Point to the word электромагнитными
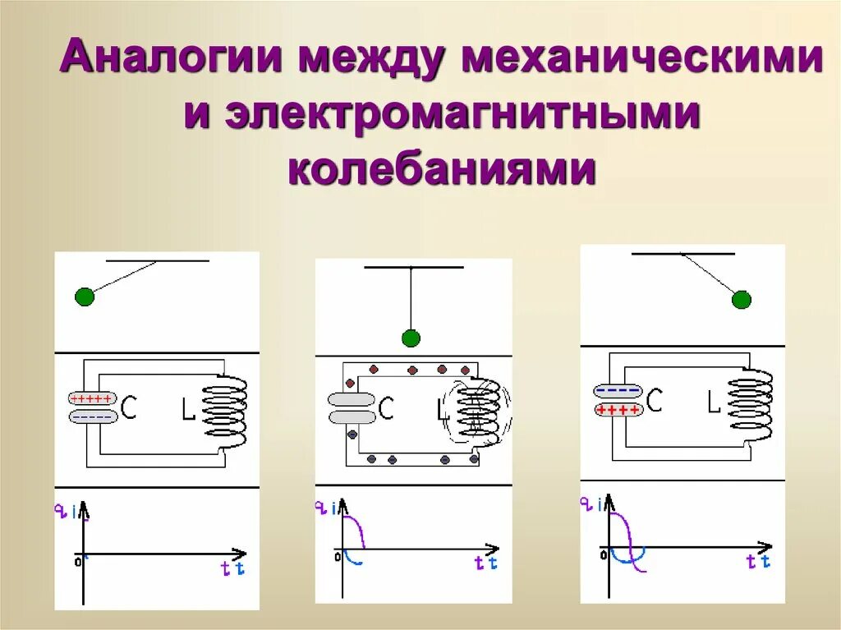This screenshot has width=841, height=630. pyautogui.click(x=442, y=115)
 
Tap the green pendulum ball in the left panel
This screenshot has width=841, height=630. pyautogui.click(x=85, y=297)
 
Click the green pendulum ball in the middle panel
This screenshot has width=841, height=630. pyautogui.click(x=411, y=338)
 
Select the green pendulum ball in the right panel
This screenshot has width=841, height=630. pyautogui.click(x=742, y=300)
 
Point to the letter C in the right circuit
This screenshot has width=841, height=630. pyautogui.click(x=655, y=400)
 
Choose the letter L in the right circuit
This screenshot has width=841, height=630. pyautogui.click(x=715, y=402)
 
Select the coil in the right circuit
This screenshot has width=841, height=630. pyautogui.click(x=751, y=403)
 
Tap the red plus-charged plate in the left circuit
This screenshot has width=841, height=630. pyautogui.click(x=91, y=399)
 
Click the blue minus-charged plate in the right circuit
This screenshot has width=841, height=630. pyautogui.click(x=617, y=391)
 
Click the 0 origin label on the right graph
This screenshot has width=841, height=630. pyautogui.click(x=604, y=556)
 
